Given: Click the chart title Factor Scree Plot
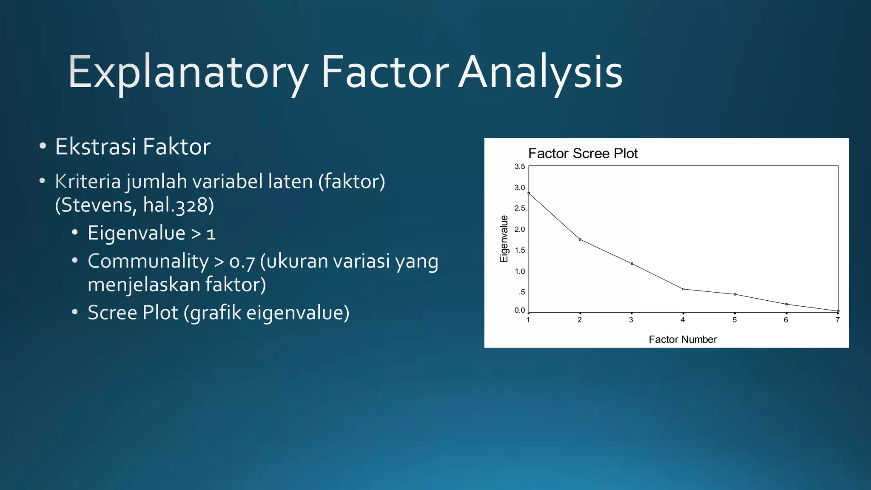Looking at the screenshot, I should [x=583, y=154].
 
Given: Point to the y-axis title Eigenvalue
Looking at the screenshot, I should [x=504, y=239].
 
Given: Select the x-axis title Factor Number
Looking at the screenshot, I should [x=683, y=339].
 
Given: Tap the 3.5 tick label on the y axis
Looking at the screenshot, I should [x=520, y=166].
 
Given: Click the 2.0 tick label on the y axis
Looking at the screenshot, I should [x=520, y=229].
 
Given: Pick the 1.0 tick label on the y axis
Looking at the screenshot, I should [x=520, y=271].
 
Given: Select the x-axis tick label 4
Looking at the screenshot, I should [x=683, y=320].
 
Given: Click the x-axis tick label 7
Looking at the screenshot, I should [x=837, y=320].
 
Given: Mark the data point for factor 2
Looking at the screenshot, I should [x=580, y=239].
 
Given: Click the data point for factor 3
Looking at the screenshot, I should [x=632, y=264].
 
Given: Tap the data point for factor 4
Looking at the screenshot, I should [x=683, y=289].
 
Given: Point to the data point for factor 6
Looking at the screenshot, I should [x=786, y=304].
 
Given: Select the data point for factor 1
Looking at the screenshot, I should [x=529, y=193].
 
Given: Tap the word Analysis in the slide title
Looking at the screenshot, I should [x=541, y=72].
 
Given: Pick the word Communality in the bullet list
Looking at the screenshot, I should [x=148, y=261].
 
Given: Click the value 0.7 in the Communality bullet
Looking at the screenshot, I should [x=242, y=262].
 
